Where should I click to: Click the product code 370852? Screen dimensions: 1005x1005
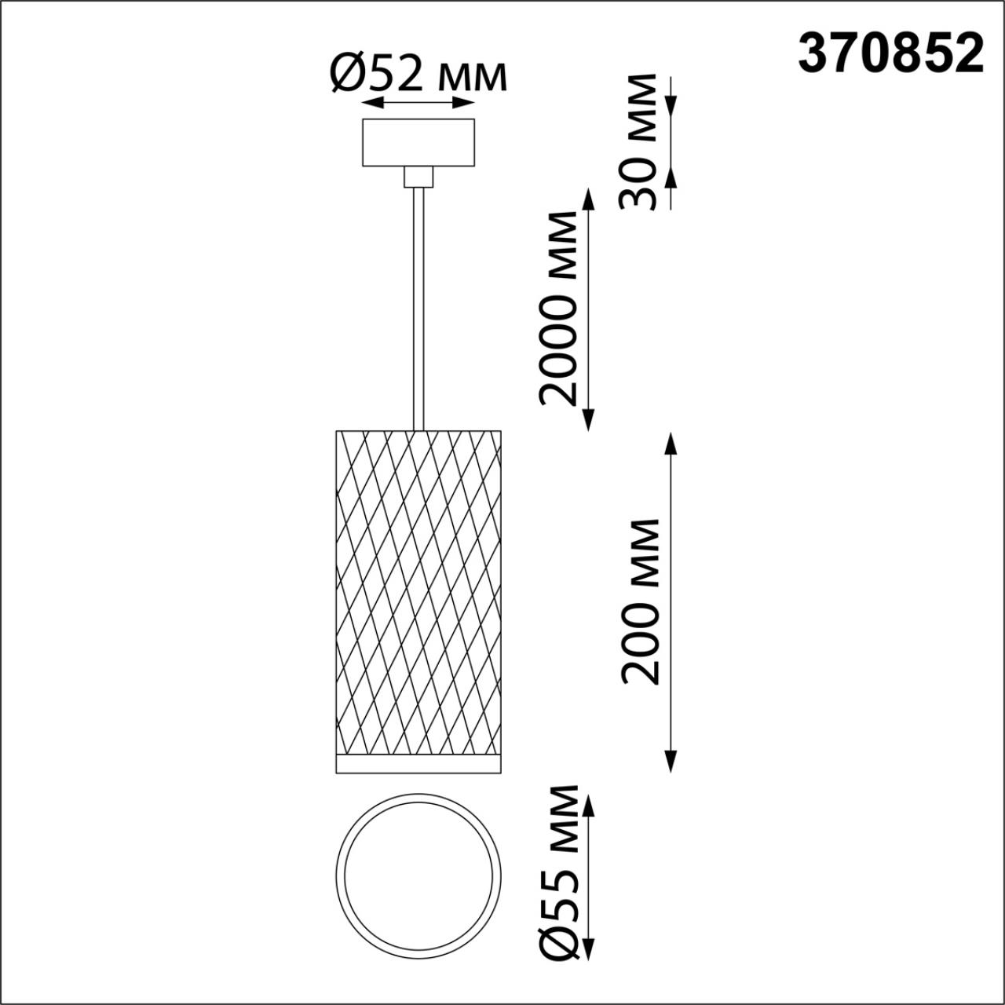coord(891,53)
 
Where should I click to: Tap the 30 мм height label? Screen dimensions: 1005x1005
coord(637,142)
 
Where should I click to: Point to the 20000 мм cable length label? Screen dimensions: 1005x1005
coord(559,309)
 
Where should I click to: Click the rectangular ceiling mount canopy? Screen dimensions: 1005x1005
coord(418,142)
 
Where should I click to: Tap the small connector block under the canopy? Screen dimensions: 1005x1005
coord(418,177)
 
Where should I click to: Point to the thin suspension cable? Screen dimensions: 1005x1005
coord(418,309)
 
